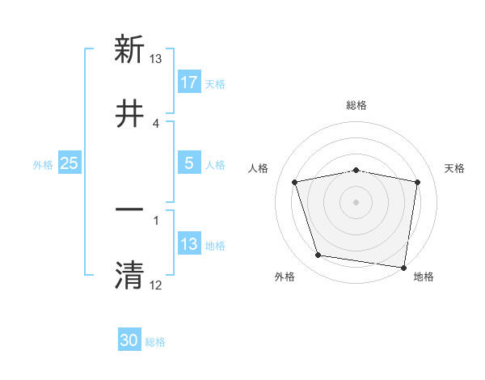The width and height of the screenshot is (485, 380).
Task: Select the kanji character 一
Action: (129, 209)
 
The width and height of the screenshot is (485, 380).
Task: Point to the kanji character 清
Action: (129, 274)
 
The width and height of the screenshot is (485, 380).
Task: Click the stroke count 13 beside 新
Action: (156, 59)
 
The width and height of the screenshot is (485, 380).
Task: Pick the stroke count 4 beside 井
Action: (156, 123)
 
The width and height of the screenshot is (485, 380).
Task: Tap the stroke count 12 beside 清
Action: (156, 285)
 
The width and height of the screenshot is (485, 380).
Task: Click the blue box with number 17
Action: (189, 82)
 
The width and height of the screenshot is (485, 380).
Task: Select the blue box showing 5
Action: (189, 163)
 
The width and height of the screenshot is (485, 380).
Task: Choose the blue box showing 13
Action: (189, 244)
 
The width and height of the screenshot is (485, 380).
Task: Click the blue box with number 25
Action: (70, 163)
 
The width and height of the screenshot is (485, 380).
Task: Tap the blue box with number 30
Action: (129, 340)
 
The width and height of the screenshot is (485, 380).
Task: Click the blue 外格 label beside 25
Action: (43, 164)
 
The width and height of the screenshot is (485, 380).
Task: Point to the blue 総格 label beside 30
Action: (155, 342)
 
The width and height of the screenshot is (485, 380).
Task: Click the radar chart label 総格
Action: (356, 105)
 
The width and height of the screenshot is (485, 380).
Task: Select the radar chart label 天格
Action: (455, 168)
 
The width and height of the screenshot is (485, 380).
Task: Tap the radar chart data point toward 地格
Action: (404, 267)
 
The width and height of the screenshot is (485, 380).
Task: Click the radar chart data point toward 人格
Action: (295, 182)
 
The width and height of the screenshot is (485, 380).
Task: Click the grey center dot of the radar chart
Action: (356, 202)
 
